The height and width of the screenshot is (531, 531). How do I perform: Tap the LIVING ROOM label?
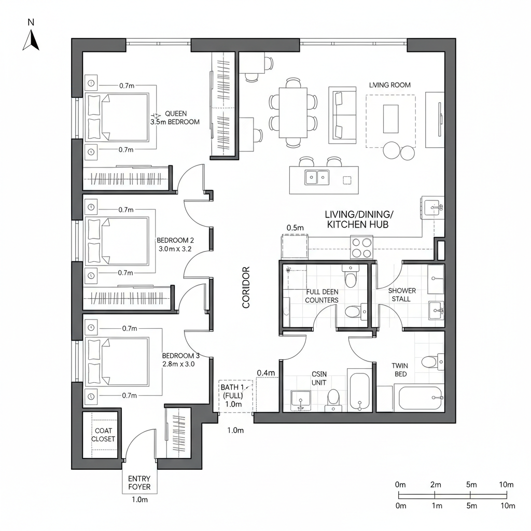click(x=389, y=85)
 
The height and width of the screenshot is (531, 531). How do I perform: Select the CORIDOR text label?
click(x=246, y=287)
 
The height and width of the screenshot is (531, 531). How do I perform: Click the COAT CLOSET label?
click(x=103, y=435)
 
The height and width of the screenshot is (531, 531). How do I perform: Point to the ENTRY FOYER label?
click(x=139, y=483)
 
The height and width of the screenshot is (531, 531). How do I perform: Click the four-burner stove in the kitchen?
click(x=362, y=247)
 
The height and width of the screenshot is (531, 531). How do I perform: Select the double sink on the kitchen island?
click(x=316, y=177)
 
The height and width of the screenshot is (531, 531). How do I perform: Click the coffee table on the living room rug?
click(x=391, y=119)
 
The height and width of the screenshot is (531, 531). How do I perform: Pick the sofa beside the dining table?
click(x=342, y=115)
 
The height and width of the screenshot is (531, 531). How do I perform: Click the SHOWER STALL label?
click(x=402, y=295)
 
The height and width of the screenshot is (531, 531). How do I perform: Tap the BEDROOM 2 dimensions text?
click(x=175, y=245)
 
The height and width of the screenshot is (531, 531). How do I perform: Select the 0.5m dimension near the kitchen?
click(x=295, y=228)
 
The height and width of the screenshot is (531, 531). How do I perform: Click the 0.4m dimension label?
click(x=265, y=373)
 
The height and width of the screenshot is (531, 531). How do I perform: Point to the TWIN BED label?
click(x=399, y=370)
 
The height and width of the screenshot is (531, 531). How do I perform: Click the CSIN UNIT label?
click(x=319, y=378)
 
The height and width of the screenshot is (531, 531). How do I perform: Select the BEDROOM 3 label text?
click(x=180, y=360)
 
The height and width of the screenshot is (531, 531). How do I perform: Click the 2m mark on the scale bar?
click(x=436, y=485)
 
